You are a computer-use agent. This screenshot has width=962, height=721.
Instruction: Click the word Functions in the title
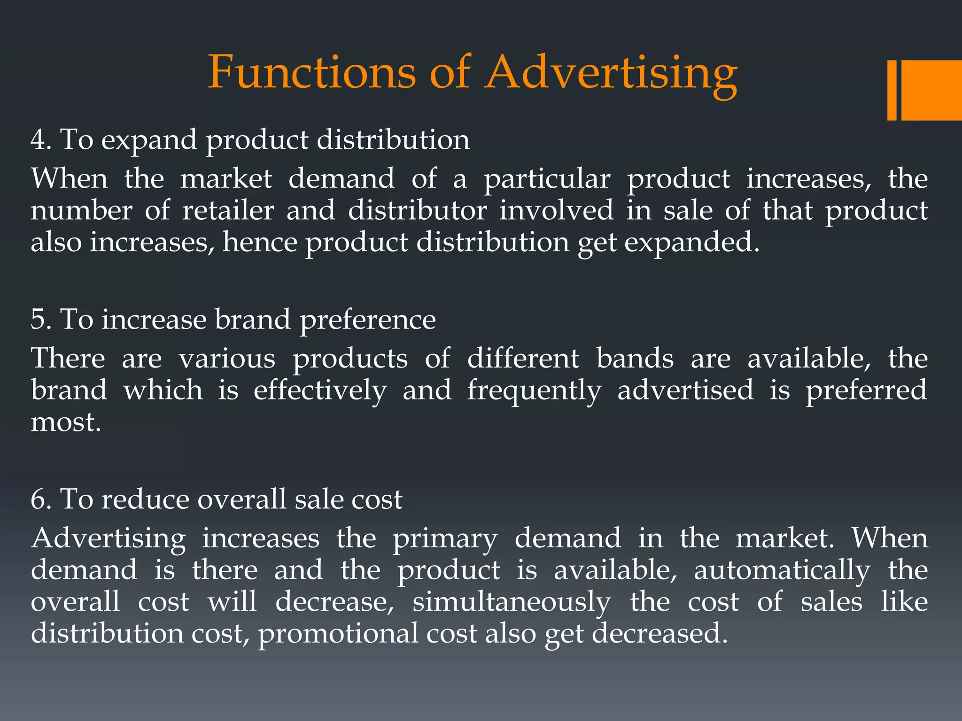click(x=312, y=73)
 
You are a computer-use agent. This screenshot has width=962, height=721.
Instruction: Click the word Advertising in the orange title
click(x=611, y=73)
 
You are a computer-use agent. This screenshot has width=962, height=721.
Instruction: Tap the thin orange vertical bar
click(x=892, y=90)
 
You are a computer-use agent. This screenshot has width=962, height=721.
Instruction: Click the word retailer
click(x=228, y=210)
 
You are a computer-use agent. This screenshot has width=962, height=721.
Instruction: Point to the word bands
click(x=635, y=359)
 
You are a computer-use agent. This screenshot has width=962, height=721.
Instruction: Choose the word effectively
click(x=320, y=391)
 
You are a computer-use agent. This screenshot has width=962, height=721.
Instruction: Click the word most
click(x=66, y=422)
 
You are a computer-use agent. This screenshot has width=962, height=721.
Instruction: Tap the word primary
click(x=445, y=538)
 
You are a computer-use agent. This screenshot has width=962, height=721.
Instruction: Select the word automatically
click(x=782, y=570)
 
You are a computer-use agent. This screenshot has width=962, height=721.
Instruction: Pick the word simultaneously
click(x=512, y=602)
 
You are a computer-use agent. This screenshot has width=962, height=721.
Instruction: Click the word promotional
click(x=337, y=634)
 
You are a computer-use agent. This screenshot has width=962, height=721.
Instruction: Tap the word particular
click(x=547, y=179)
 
